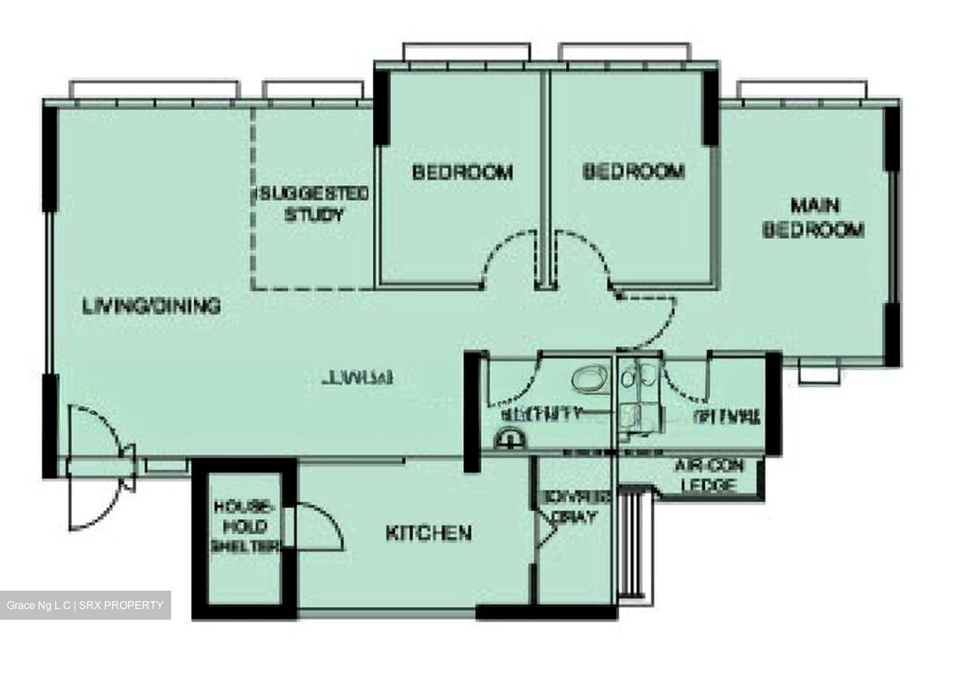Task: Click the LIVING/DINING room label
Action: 151,306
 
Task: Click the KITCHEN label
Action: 428,533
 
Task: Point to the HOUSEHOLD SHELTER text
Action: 243,526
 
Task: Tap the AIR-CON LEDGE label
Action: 709,475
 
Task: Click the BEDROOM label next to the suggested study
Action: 462,172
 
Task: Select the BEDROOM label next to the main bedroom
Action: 633,172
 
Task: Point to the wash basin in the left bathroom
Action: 509,439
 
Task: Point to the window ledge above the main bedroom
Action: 802,90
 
